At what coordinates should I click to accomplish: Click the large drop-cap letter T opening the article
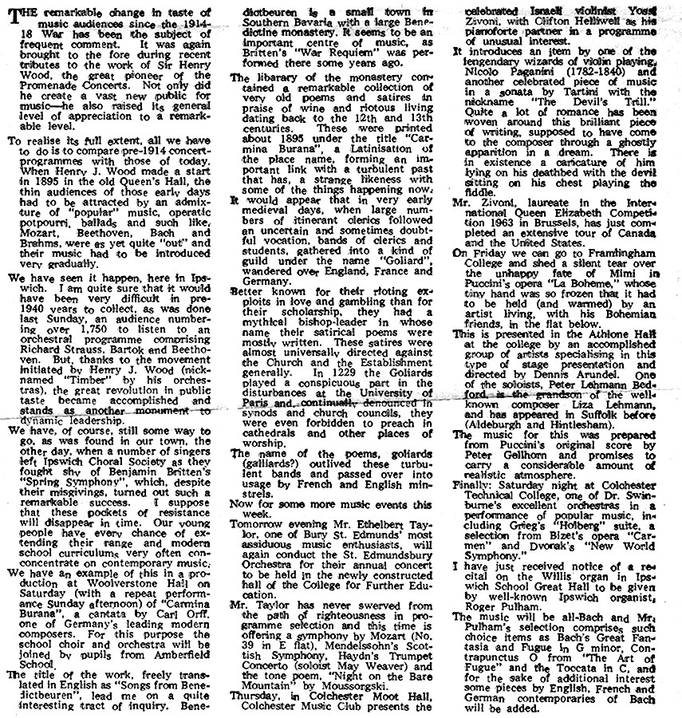coord(16,16)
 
